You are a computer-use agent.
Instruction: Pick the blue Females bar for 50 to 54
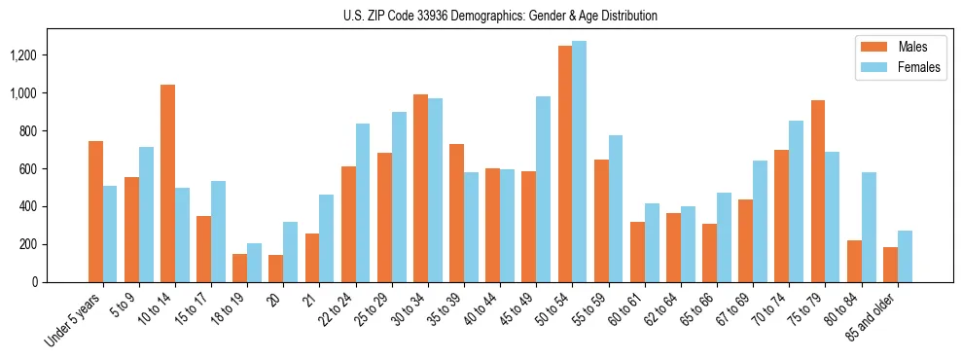coord(580,162)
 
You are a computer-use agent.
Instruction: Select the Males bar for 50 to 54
coord(565,163)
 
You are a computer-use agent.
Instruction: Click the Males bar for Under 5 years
coord(95,211)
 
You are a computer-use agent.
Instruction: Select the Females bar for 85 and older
coord(905,256)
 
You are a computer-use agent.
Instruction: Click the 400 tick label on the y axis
coord(54,207)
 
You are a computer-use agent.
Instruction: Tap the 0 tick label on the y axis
coord(60,282)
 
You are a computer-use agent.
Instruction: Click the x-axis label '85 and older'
coord(874,317)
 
